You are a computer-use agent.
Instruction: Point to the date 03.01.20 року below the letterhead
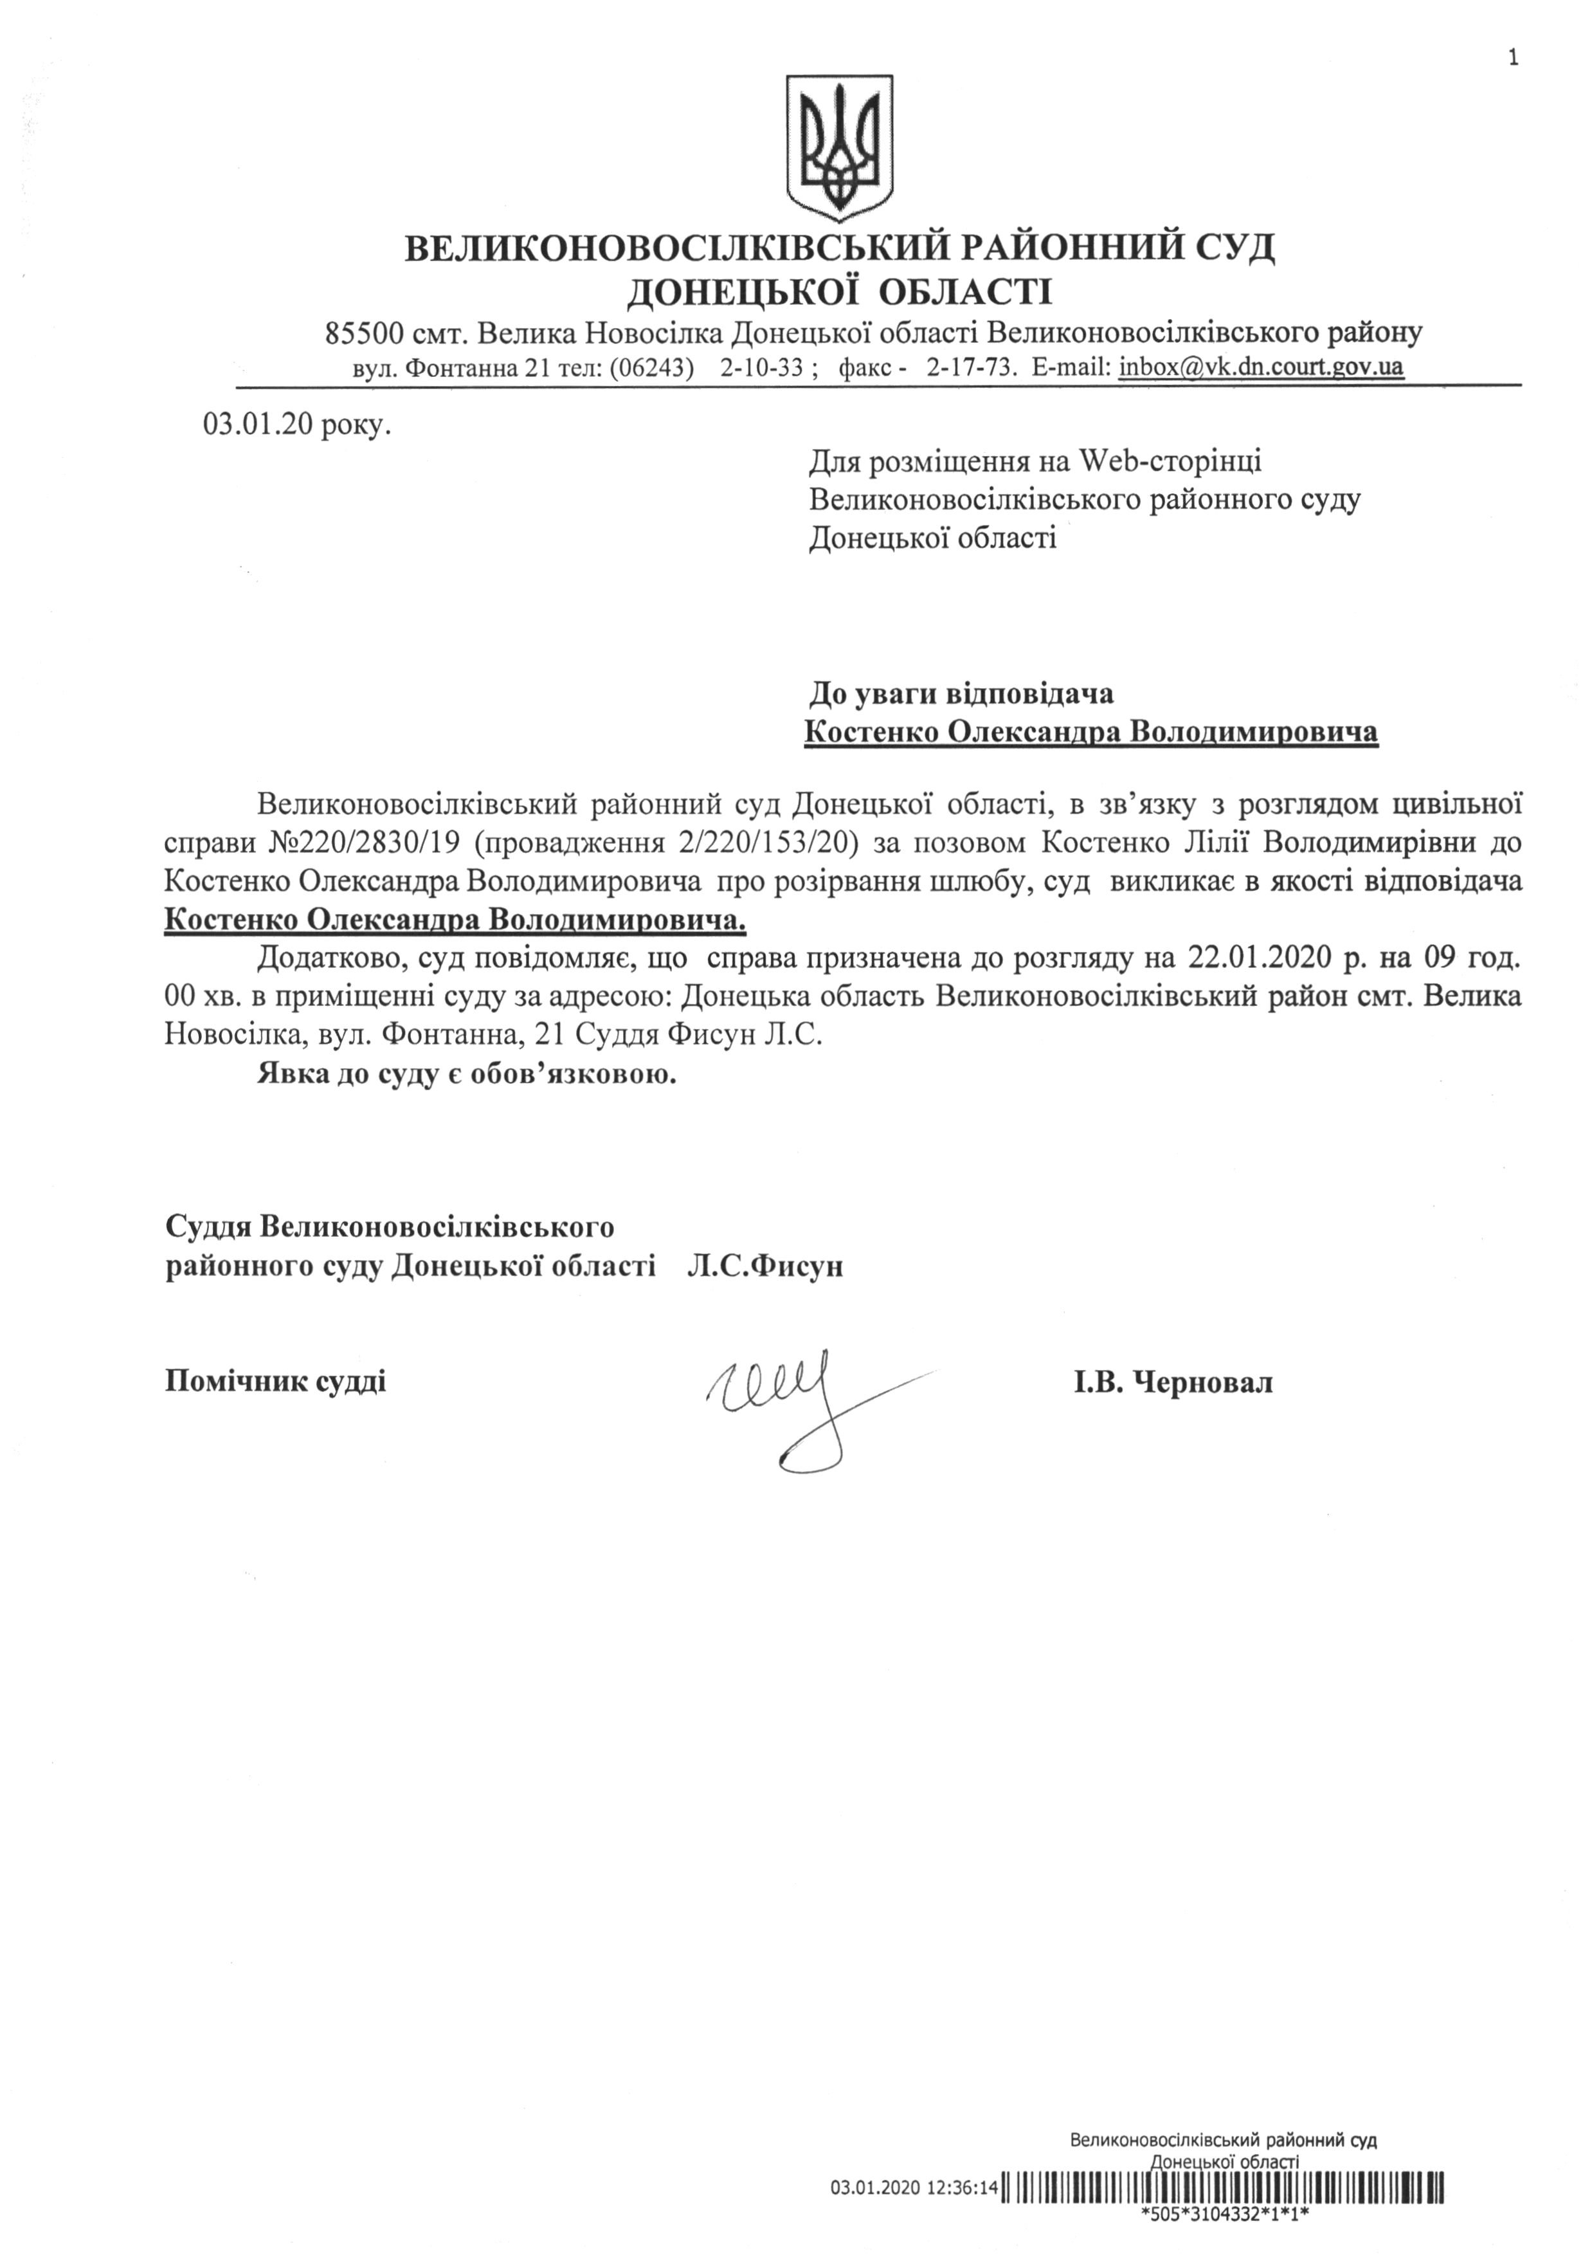pos(296,427)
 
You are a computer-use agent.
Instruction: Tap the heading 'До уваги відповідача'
pos(961,694)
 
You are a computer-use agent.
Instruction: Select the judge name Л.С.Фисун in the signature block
pos(765,1266)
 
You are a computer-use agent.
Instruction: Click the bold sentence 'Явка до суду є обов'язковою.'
pos(467,1074)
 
